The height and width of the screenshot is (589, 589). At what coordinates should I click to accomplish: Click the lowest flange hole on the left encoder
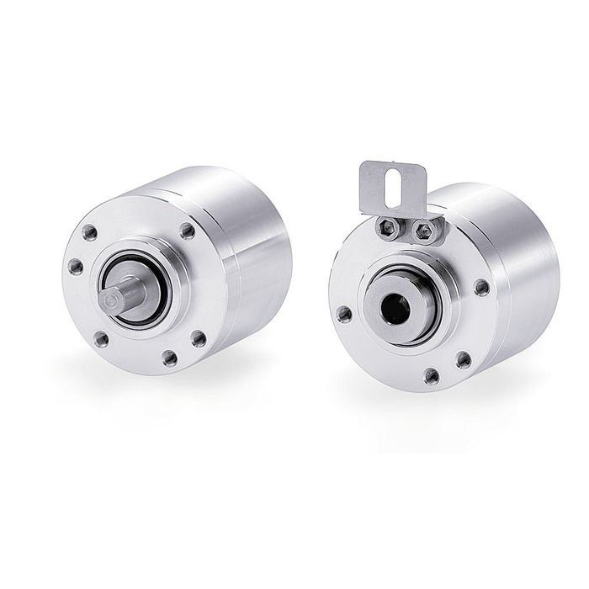pyautogui.click(x=171, y=358)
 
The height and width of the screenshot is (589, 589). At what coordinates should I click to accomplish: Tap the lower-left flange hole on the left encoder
pyautogui.click(x=102, y=338)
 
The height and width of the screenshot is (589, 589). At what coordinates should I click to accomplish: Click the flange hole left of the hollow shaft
pyautogui.click(x=343, y=314)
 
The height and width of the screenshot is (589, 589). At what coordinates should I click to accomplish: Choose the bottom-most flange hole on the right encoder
pyautogui.click(x=432, y=376)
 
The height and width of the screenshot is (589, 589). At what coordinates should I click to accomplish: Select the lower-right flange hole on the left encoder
pyautogui.click(x=199, y=338)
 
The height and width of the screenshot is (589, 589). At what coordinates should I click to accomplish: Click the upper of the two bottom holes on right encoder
pyautogui.click(x=462, y=359)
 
